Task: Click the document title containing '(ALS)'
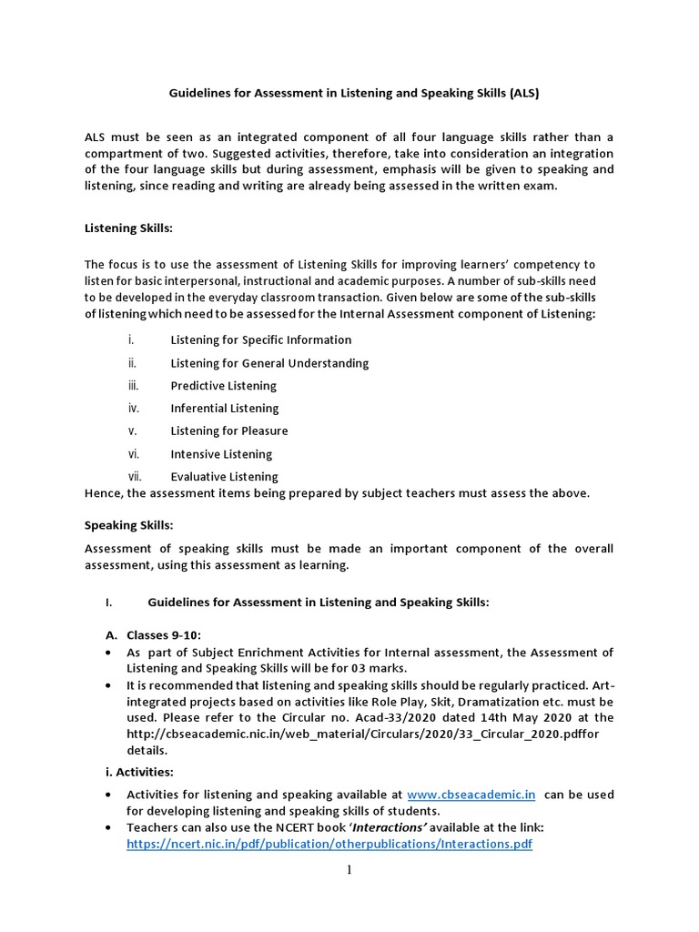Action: point(349,93)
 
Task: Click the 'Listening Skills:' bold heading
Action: point(128,228)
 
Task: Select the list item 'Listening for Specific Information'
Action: point(260,340)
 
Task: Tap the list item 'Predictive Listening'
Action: point(223,386)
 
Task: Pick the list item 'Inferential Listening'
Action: point(224,409)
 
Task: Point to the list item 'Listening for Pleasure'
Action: point(228,431)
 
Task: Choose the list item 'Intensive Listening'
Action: point(221,454)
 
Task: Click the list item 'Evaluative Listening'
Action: point(224,477)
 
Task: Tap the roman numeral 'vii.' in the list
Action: point(135,477)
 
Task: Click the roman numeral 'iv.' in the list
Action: point(134,409)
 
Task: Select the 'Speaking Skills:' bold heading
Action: point(128,525)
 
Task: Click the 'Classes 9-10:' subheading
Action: point(164,633)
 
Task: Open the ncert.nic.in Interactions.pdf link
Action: point(329,845)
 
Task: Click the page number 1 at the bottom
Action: point(349,871)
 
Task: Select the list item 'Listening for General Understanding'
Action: point(269,363)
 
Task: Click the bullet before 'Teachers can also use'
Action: point(109,827)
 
